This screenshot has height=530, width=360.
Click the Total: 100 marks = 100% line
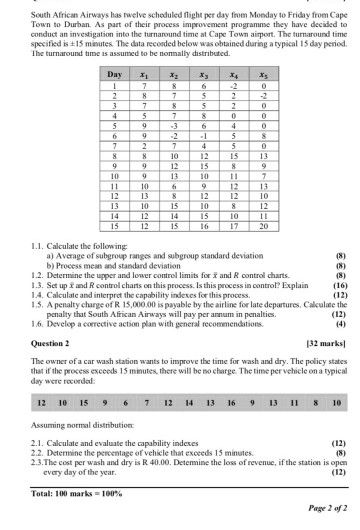point(73,494)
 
